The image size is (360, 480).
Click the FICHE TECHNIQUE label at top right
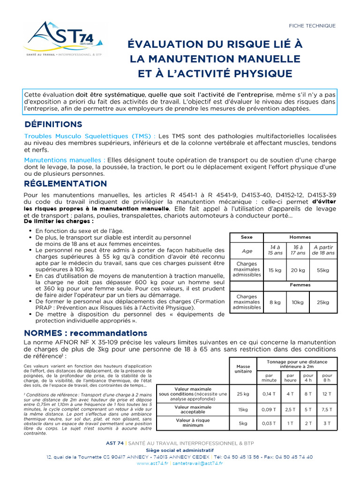pyautogui.click(x=312, y=26)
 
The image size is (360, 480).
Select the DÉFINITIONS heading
pyautogui.click(x=53, y=124)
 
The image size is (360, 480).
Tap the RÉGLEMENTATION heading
pyautogui.click(x=65, y=183)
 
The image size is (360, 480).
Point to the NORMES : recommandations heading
pyautogui.click(x=85, y=333)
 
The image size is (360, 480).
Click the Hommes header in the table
pyautogui.click(x=300, y=237)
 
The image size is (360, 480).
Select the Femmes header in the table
pyautogui.click(x=300, y=285)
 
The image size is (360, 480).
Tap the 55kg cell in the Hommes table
pyautogui.click(x=323, y=270)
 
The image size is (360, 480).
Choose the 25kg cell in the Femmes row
pyautogui.click(x=323, y=302)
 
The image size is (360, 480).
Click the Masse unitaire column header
pyautogui.click(x=243, y=368)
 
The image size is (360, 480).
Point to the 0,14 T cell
pyautogui.click(x=269, y=394)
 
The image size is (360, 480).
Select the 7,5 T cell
pyautogui.click(x=327, y=409)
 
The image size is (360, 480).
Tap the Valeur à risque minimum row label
pyautogui.click(x=193, y=423)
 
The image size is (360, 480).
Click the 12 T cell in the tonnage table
pyautogui.click(x=327, y=394)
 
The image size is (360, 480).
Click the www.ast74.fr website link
pyautogui.click(x=154, y=463)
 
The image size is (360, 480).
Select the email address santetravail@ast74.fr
pyautogui.click(x=197, y=463)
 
